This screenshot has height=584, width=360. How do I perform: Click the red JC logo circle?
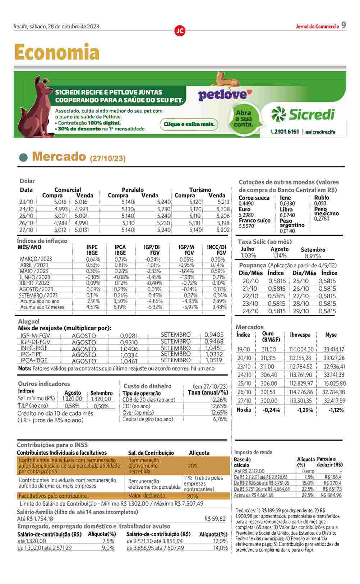pos(180,31)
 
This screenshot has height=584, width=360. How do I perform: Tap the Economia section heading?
pos(56,52)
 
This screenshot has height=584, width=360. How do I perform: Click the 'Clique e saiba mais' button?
pos(189,124)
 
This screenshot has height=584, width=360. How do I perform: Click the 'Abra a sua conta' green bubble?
pos(243,119)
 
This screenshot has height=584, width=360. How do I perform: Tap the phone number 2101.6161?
pos(286,132)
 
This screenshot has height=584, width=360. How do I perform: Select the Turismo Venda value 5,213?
pos(223,202)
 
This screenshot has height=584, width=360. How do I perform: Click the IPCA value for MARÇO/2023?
pos(121,259)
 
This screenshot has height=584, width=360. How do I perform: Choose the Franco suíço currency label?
pos(254,220)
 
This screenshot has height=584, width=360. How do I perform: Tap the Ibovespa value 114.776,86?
pos(301,392)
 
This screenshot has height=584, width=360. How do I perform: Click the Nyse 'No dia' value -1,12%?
pos(336,410)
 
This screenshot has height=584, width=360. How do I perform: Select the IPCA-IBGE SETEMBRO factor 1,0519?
pos(214,360)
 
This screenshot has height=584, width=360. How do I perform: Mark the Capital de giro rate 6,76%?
pos(220,419)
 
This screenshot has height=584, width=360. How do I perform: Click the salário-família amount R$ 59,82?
pos(215,519)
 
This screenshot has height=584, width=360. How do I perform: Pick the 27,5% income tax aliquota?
pos(308,495)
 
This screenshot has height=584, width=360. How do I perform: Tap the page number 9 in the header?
pos(343,25)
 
